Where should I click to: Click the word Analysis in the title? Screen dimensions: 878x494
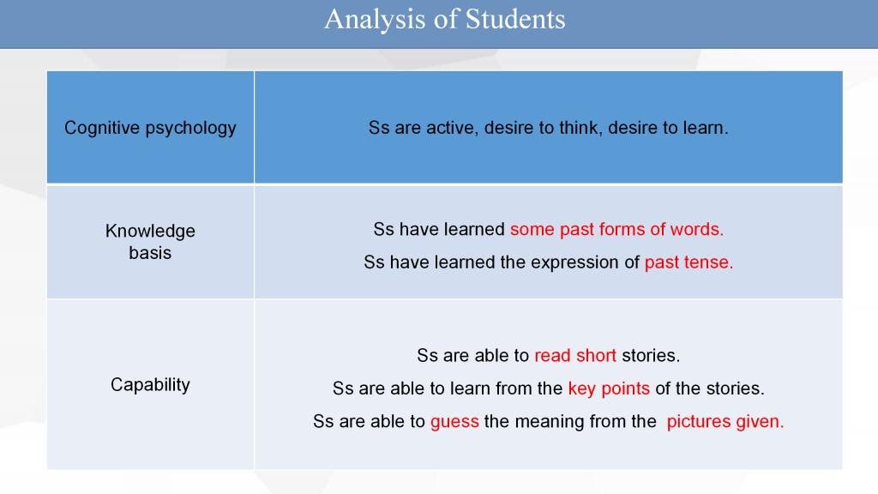tap(375, 21)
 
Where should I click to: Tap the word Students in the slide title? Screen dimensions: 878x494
tap(515, 19)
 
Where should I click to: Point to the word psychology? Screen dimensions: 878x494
tap(190, 129)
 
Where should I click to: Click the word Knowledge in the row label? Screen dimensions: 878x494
tap(150, 231)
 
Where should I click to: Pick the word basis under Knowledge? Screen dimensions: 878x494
tap(150, 253)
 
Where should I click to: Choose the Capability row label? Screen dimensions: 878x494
tap(150, 385)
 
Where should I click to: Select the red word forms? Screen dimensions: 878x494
tap(622, 229)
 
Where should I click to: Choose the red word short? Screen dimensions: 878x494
tap(597, 355)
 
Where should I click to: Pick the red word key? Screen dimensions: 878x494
tap(582, 389)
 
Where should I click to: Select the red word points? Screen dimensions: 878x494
tap(625, 389)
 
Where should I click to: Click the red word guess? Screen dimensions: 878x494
tap(454, 422)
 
